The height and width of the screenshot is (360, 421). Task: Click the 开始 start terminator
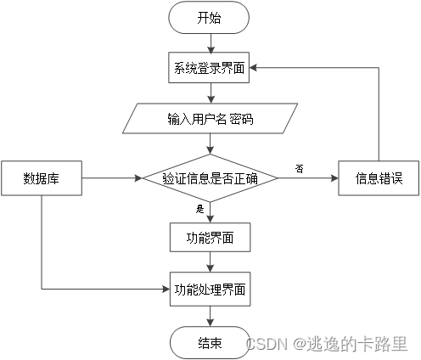pos(210,17)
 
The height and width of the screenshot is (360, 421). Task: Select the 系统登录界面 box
pos(210,68)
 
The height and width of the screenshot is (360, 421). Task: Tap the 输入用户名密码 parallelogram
pos(210,119)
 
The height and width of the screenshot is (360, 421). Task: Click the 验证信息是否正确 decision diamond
pos(210,178)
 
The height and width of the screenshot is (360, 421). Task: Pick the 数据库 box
pos(41,178)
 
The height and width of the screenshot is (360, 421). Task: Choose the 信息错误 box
pos(379,178)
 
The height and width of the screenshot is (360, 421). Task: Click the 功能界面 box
pos(210,238)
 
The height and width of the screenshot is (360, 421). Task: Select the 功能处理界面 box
pos(210,289)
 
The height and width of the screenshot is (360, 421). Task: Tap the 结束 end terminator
pos(210,342)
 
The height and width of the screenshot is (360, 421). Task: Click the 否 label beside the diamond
pos(299,168)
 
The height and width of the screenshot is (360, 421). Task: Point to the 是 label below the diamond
pos(200,208)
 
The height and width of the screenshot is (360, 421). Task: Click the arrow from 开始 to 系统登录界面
pos(210,42)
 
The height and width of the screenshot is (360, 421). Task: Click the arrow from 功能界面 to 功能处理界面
pos(210,262)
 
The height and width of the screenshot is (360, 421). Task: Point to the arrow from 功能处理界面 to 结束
pos(210,315)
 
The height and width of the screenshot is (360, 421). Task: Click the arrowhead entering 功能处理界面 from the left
pos(166,289)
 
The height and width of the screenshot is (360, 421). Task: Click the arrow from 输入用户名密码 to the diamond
pos(210,143)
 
